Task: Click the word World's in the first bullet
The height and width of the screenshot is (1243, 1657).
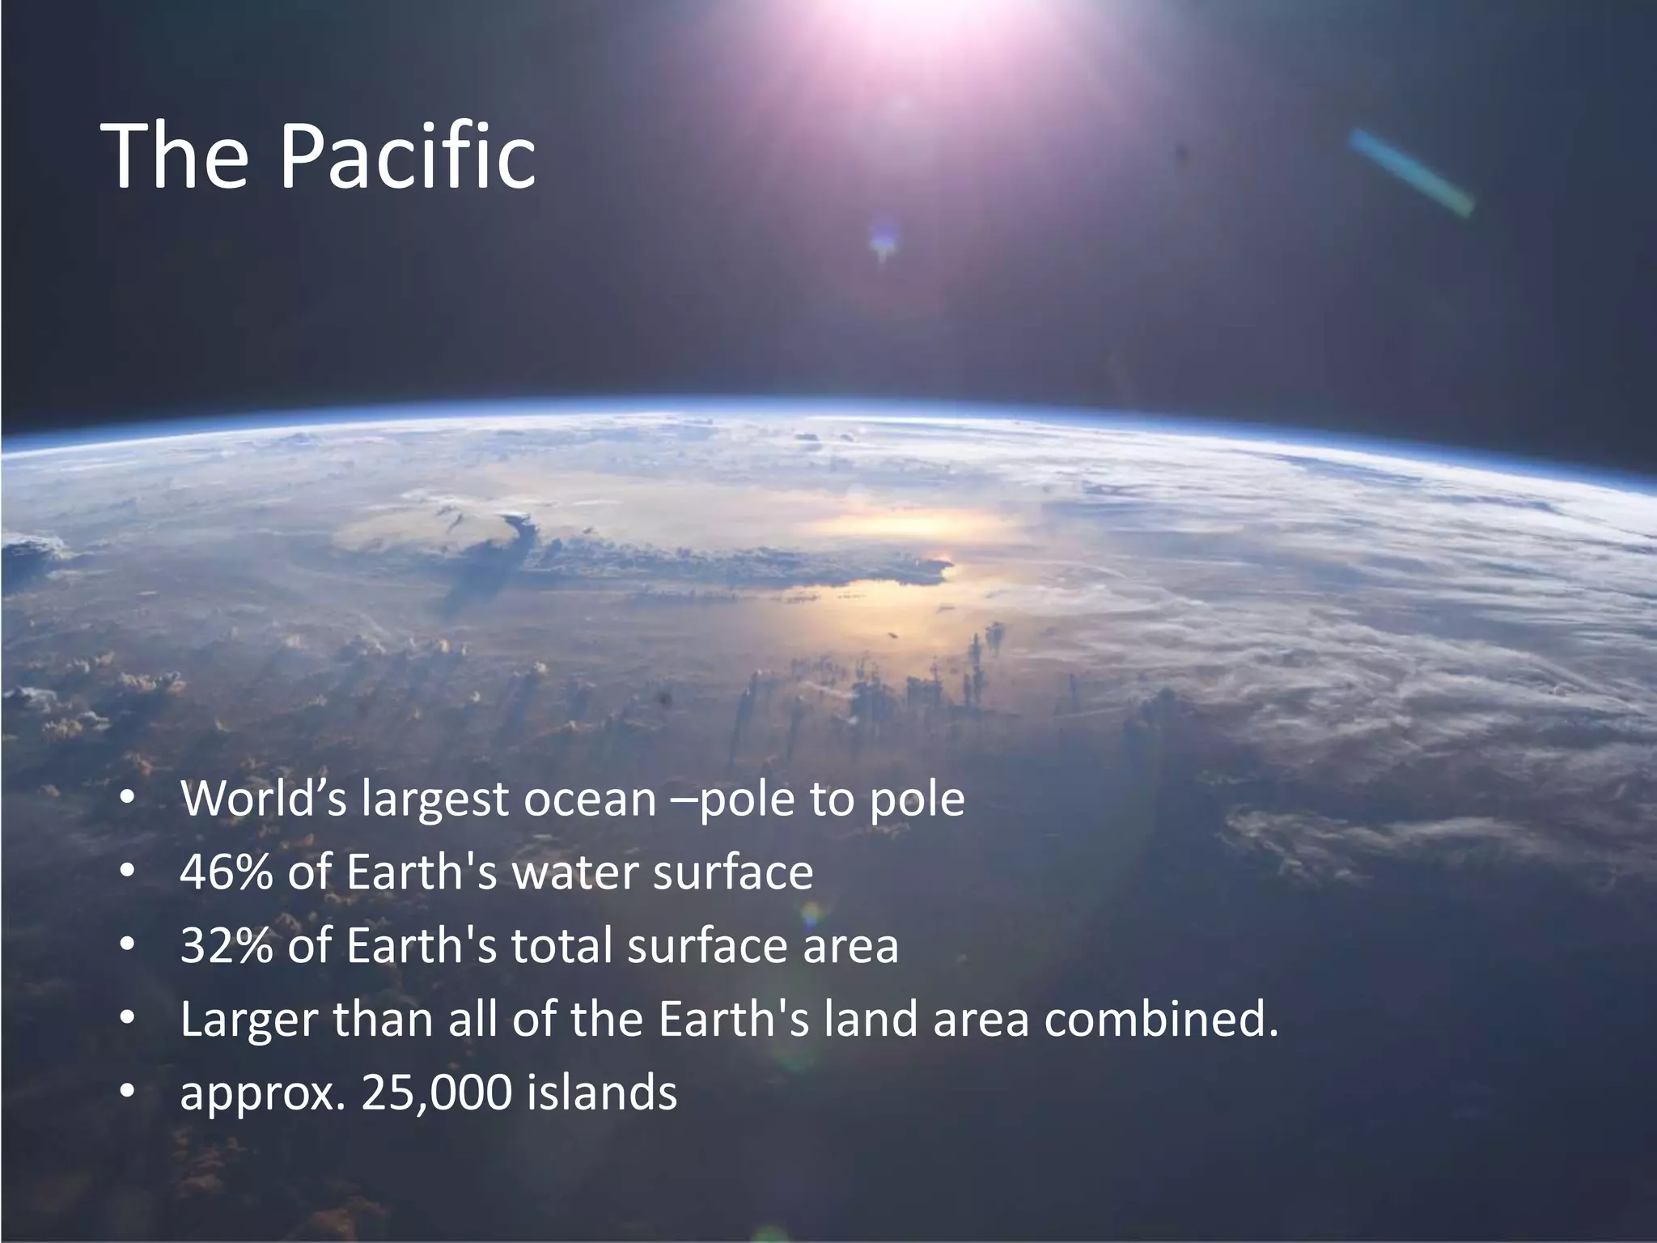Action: coord(264,799)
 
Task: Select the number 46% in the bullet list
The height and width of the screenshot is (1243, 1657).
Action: coord(226,872)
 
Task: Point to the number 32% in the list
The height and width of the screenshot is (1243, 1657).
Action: coord(226,945)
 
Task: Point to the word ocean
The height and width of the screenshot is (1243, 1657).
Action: coord(590,800)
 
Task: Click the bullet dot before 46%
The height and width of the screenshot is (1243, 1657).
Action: coord(126,872)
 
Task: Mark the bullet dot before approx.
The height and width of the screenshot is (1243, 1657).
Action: coord(126,1092)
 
